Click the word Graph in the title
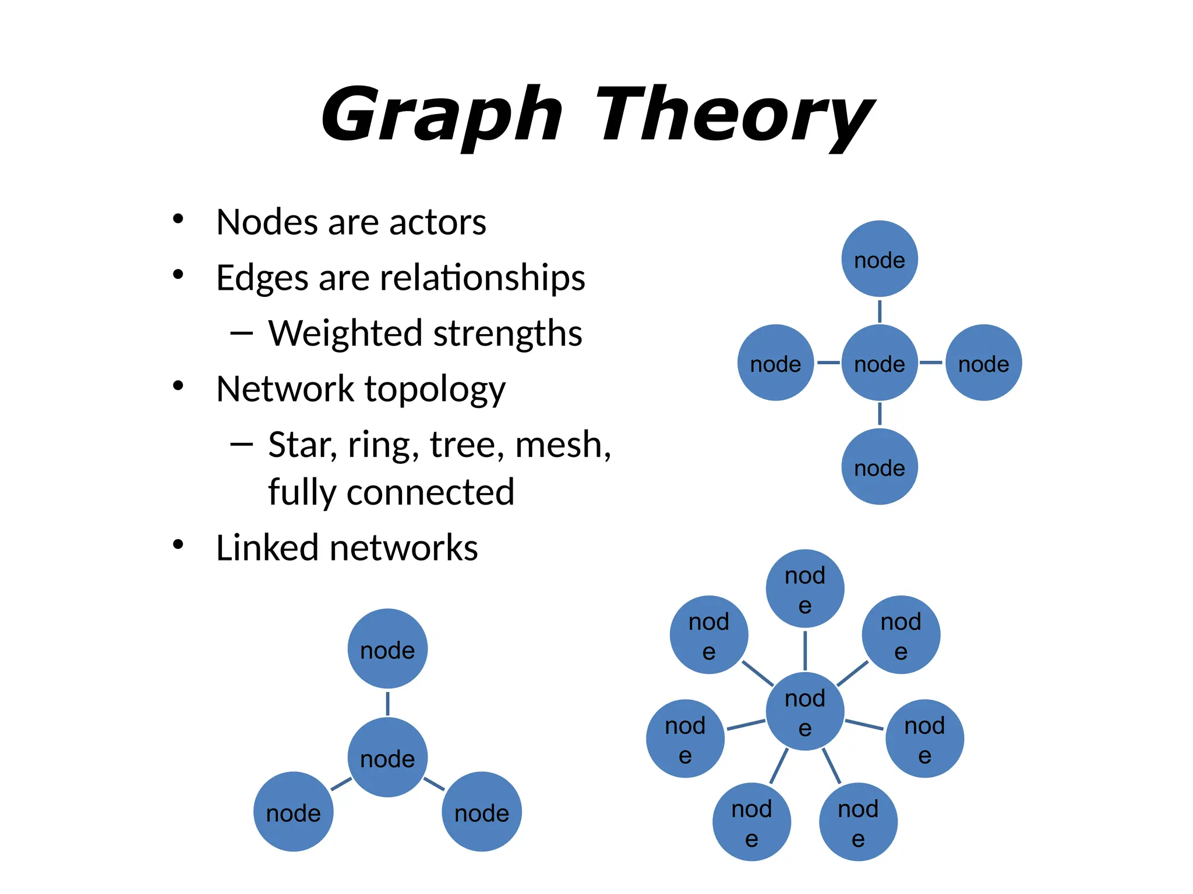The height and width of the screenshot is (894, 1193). tap(442, 114)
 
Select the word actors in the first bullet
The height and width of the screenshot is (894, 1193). tap(437, 222)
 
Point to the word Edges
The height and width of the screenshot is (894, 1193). tap(262, 278)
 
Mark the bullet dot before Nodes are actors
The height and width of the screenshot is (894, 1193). tap(178, 219)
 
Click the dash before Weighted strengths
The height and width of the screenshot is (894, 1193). tap(241, 333)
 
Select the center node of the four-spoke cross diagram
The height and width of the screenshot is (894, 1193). tap(880, 363)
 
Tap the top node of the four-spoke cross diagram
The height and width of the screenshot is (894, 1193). tap(880, 259)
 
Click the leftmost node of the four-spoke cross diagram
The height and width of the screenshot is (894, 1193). tap(775, 363)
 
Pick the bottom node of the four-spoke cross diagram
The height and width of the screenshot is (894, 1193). tap(880, 467)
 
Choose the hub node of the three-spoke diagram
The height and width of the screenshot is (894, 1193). tap(387, 757)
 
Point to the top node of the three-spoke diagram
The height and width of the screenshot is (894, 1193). tap(387, 649)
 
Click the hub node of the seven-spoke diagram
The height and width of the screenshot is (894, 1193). tap(805, 711)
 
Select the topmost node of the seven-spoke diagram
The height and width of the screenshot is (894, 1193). tap(805, 588)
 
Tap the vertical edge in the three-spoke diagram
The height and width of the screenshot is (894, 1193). tap(387, 703)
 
